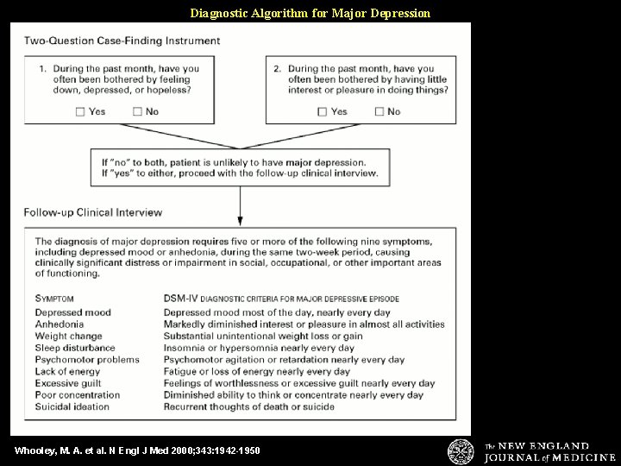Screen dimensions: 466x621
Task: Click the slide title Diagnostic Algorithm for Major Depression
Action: [310, 13]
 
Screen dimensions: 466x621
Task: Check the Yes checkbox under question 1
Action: [80, 111]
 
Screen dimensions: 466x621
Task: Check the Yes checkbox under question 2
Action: [323, 111]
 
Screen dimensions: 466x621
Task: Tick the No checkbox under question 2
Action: [379, 111]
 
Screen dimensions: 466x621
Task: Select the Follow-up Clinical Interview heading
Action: [93, 211]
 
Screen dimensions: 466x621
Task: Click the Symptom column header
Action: [55, 299]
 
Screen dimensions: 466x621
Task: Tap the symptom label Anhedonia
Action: [60, 324]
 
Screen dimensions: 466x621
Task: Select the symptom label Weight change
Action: [68, 337]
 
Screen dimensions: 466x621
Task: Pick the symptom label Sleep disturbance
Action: [75, 349]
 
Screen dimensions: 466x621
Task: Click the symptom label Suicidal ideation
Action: [72, 407]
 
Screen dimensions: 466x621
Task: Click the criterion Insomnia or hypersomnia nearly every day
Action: [259, 349]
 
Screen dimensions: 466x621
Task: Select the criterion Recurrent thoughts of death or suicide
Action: [249, 407]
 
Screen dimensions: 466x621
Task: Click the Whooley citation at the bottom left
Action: [137, 450]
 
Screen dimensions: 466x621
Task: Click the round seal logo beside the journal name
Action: [461, 451]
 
